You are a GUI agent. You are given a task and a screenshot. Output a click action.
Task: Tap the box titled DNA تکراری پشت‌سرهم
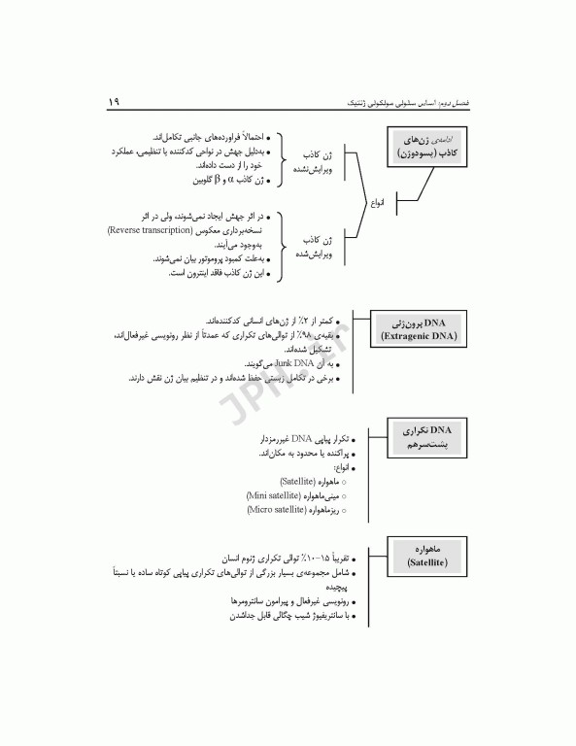tap(427, 437)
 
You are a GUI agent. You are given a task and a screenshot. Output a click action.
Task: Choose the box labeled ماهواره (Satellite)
tap(426, 555)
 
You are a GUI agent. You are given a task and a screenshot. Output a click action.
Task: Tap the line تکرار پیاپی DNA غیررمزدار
tap(289, 439)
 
